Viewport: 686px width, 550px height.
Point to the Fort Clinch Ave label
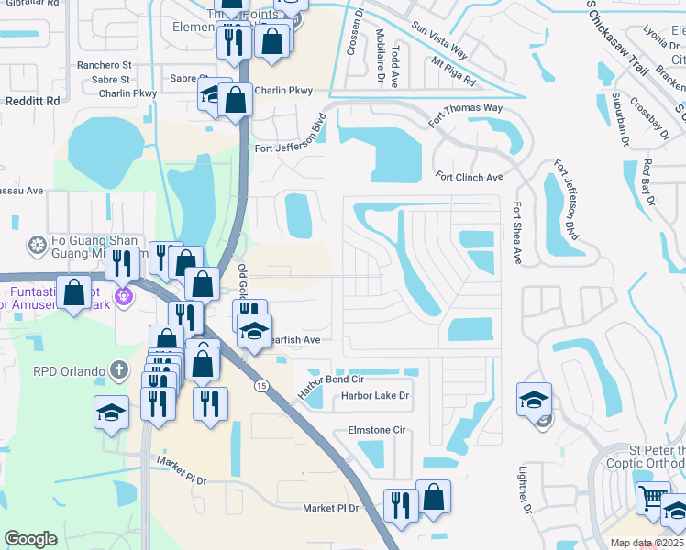pos(470,177)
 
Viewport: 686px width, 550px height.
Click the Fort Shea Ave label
pos(517,234)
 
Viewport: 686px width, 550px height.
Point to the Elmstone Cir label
pos(376,429)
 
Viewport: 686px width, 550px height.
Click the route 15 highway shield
pos(262,387)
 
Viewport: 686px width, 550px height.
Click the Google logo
pos(30,539)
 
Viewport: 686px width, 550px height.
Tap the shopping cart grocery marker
pos(653,500)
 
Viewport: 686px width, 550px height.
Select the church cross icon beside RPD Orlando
pos(117,369)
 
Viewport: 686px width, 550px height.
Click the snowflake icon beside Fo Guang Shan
pos(38,245)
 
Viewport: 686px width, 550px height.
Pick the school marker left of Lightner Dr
pos(534,401)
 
